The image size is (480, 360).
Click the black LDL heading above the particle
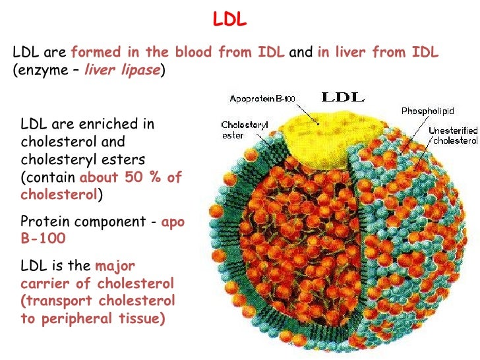342,98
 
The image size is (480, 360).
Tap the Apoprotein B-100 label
262,99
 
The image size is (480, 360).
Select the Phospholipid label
426,111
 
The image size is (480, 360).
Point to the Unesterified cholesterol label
453,136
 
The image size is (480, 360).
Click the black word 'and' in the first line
301,53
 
